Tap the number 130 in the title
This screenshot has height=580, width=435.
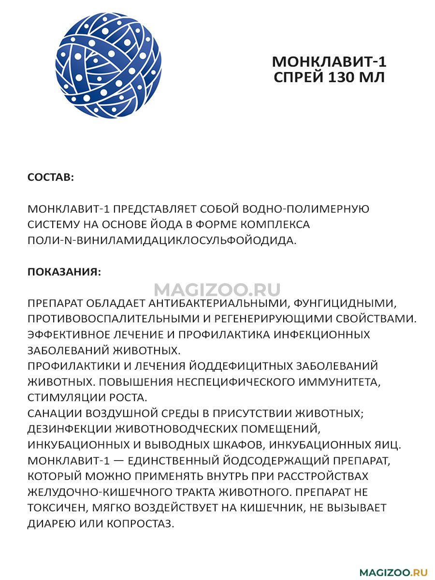[344, 77]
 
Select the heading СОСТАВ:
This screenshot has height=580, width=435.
[51, 177]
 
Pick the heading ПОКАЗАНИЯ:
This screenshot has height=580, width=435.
[64, 272]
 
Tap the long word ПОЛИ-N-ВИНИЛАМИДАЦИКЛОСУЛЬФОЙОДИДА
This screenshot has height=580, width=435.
[161, 240]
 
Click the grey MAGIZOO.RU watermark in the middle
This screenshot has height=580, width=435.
[217, 290]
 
